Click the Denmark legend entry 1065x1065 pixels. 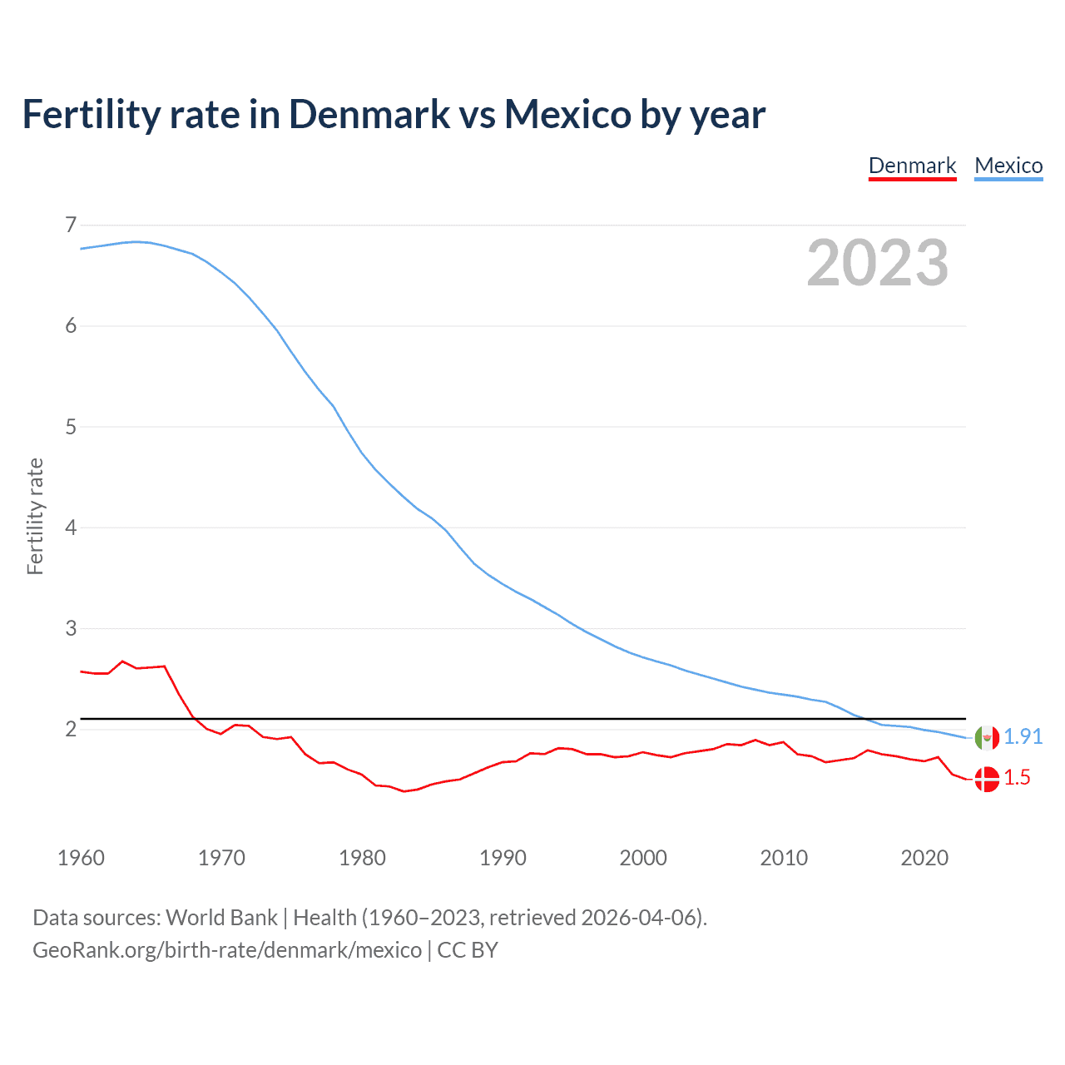912,166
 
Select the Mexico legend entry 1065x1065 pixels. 1008,166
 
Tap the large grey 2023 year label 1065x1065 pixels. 877,263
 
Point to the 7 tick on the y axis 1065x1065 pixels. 71,225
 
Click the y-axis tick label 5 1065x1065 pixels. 71,427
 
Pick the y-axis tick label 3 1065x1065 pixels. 71,628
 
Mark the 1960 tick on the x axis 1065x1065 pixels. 81,858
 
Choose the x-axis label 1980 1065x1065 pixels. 362,858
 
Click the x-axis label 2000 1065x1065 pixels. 643,858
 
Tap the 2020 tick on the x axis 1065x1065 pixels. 924,858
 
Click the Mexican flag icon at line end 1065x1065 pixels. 987,737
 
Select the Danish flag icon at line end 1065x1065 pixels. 987,779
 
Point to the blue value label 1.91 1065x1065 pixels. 1023,736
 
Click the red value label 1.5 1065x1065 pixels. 1017,778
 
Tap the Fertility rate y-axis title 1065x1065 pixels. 35,516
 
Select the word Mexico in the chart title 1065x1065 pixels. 567,114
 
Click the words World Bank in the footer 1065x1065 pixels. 221,917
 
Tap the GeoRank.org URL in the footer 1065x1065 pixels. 226,950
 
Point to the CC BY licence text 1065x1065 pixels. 468,950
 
